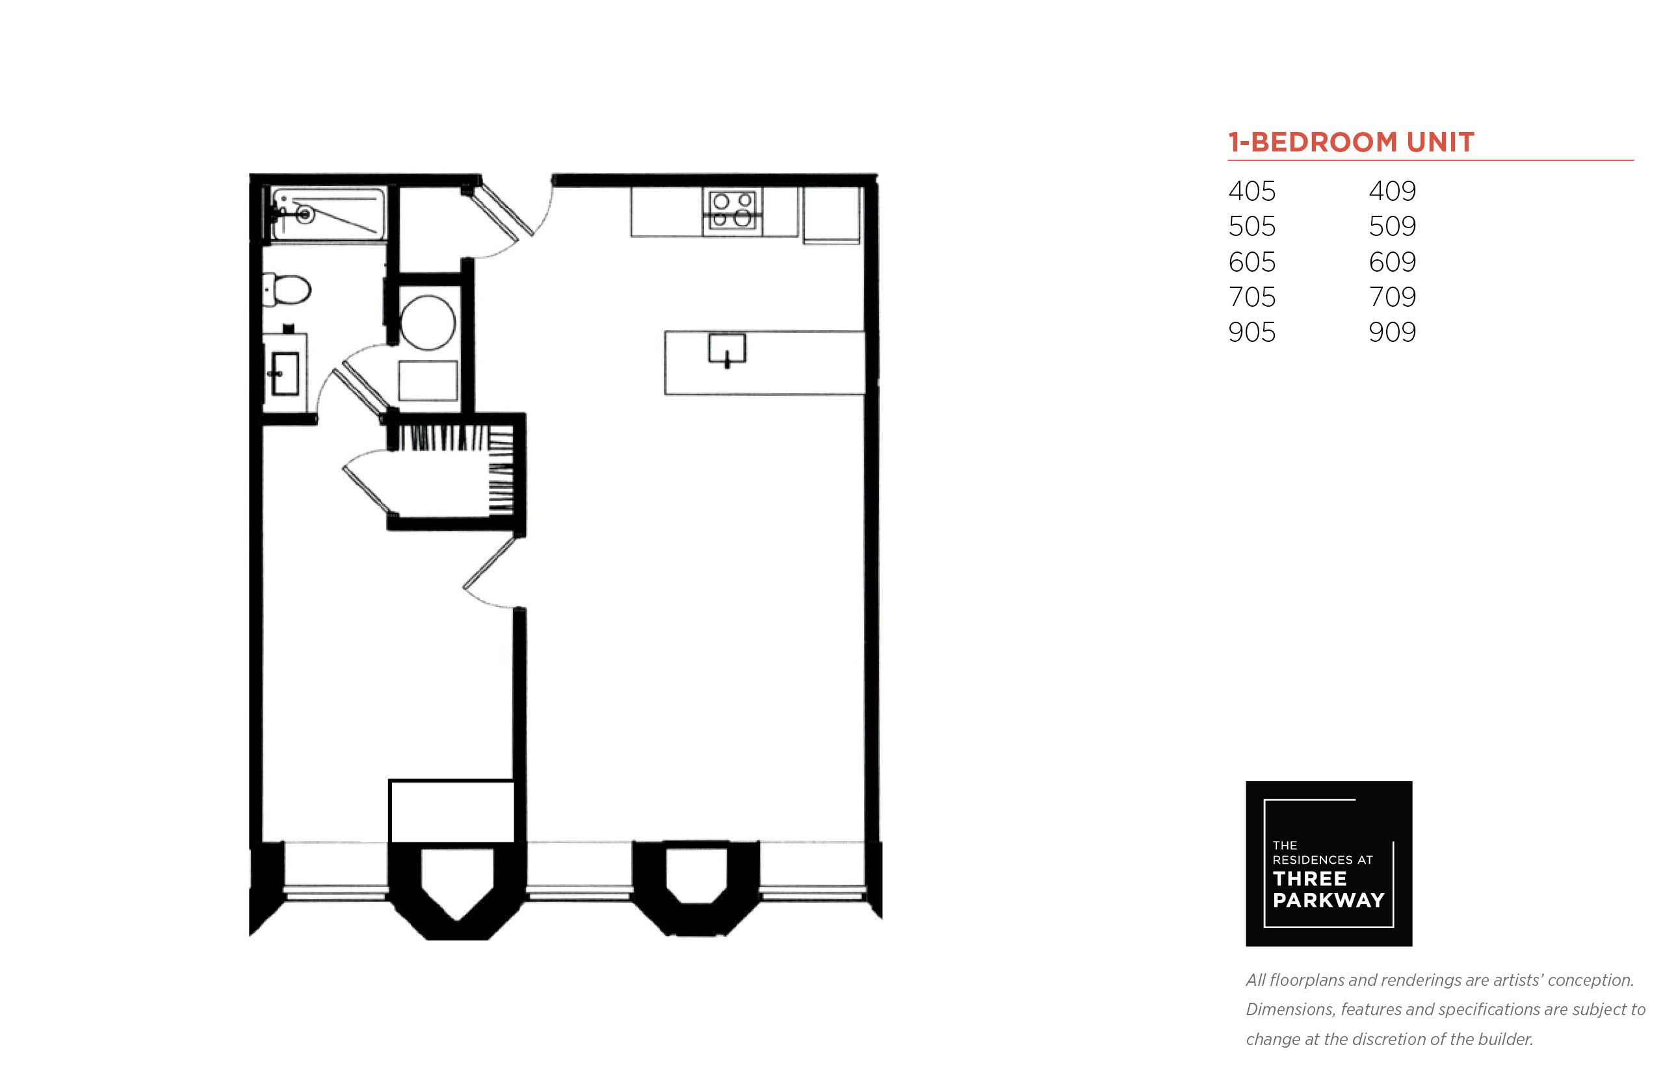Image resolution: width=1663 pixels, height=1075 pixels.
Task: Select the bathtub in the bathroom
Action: click(328, 213)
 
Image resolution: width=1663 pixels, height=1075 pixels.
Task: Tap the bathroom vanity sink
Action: click(285, 374)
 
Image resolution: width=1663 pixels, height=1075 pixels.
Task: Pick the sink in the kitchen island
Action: click(727, 349)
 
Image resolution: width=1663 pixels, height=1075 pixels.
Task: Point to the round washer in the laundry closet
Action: click(427, 322)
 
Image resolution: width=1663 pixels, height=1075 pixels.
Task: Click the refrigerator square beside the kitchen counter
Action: click(831, 215)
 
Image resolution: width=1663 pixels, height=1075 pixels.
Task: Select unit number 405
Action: click(1251, 190)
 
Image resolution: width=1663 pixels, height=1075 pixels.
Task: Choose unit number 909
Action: click(1391, 331)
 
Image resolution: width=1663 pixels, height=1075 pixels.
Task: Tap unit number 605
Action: click(1251, 262)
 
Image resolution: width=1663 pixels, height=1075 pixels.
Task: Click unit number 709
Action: click(1391, 296)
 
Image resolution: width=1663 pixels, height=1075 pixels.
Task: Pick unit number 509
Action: click(1391, 226)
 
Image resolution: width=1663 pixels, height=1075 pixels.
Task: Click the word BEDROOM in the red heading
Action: click(1324, 142)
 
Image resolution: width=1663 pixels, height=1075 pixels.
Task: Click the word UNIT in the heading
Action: click(1439, 142)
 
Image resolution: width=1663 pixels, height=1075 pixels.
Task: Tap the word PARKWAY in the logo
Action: click(1328, 900)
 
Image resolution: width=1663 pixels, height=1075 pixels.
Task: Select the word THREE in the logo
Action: click(1309, 878)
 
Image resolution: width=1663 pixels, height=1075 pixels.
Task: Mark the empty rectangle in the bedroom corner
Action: click(452, 811)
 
